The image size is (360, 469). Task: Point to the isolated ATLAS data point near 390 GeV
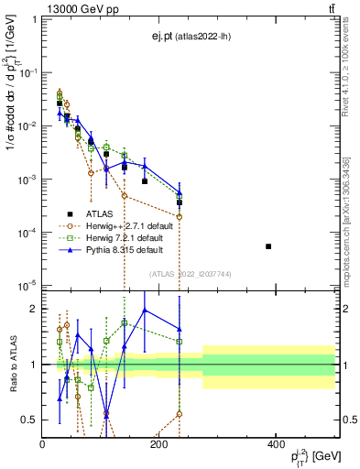coord(268,246)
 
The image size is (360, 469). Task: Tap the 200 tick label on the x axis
coord(159,444)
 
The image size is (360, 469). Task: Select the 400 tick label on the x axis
coord(276,444)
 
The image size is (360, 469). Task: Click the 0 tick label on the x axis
coord(43,444)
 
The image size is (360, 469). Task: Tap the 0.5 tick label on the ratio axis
coord(29,420)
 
